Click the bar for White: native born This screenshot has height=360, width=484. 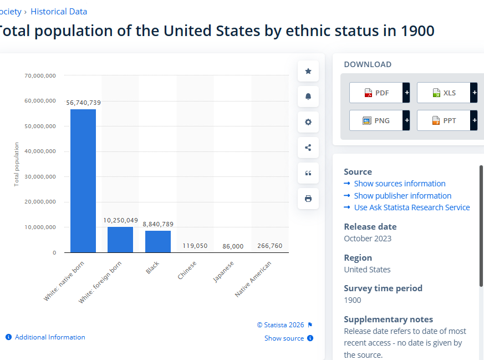tap(83, 181)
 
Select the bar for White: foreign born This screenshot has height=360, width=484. tap(120, 240)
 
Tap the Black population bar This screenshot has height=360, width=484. tap(158, 241)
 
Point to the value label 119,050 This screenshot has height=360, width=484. tap(195, 246)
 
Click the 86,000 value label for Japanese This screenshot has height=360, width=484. tap(233, 246)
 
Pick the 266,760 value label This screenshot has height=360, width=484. tap(270, 246)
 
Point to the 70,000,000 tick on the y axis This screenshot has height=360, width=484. tap(40, 75)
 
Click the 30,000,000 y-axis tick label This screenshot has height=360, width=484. tap(40, 176)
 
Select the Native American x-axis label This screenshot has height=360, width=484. tap(253, 279)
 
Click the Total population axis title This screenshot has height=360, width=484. tap(17, 164)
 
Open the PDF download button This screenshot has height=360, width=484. tap(379, 93)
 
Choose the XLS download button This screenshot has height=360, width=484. tap(447, 93)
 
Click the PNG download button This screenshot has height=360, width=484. tap(379, 120)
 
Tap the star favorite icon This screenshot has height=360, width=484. tap(308, 72)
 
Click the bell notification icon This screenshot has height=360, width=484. tap(308, 97)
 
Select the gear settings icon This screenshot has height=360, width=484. tap(308, 122)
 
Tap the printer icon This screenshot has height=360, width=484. tap(308, 199)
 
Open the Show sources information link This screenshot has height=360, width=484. tap(399, 184)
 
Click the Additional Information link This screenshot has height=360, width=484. tap(50, 337)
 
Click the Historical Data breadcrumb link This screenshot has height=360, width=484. tap(59, 12)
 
